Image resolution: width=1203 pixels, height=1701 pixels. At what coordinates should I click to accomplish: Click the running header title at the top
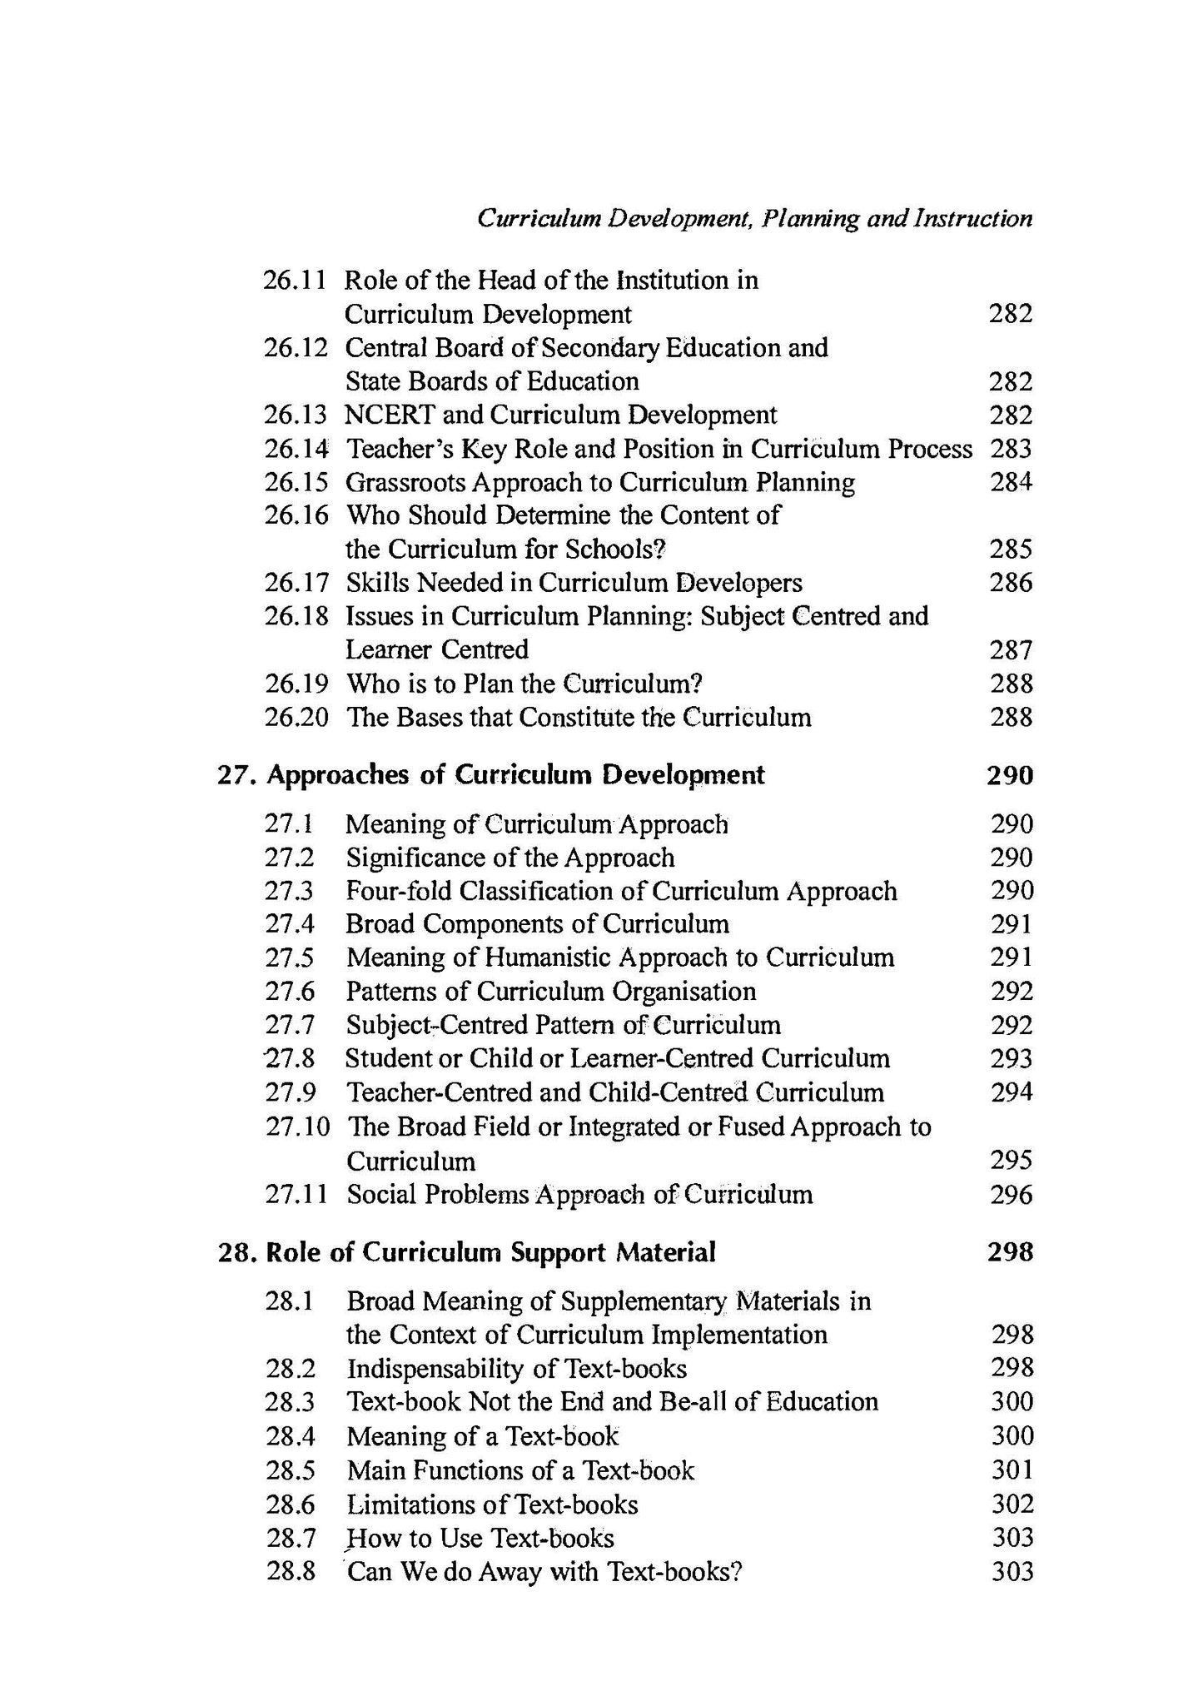754,219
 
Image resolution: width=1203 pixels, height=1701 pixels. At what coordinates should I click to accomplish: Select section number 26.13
296,415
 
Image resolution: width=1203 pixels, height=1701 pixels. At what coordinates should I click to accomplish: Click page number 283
1011,449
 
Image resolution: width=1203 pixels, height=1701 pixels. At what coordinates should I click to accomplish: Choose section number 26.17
296,583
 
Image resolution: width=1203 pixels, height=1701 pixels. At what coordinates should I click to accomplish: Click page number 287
1011,649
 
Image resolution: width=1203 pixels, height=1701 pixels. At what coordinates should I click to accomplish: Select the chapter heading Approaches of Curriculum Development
515,775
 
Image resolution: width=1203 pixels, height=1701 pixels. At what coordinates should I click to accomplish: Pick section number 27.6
290,992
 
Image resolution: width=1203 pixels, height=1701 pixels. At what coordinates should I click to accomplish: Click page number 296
1012,1195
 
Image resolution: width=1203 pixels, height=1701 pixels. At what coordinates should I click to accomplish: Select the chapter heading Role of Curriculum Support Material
490,1251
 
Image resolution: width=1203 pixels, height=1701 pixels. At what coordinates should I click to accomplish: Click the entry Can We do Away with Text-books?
544,1572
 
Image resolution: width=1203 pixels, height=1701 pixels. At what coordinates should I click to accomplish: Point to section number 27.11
296,1195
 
